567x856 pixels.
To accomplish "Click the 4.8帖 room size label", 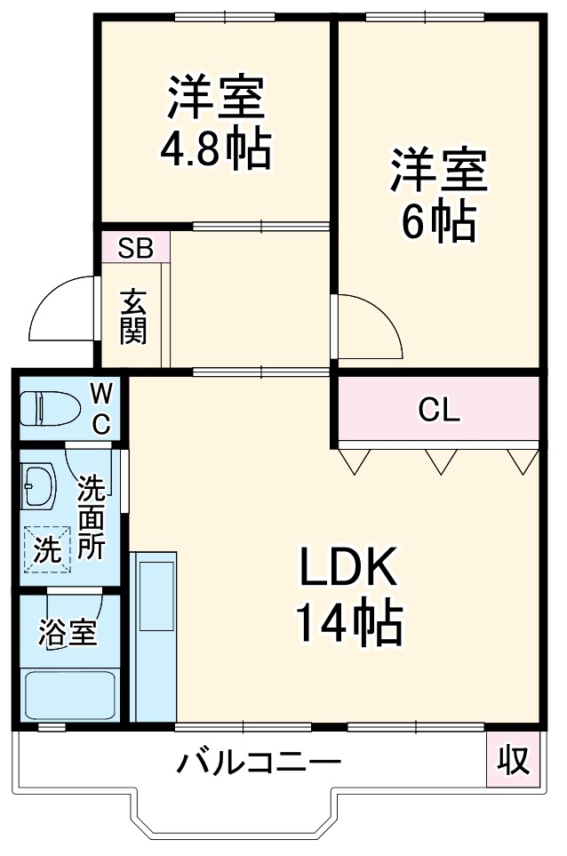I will pos(214,150).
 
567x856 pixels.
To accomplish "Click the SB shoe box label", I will pos(136,248).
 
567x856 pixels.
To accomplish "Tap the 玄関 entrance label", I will pos(134,317).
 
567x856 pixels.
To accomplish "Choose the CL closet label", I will pos(439,411).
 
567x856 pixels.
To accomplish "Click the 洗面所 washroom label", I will pos(90,517).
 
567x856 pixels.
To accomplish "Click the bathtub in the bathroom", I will pos(70,694).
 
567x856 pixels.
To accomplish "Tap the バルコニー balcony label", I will pos(258,763).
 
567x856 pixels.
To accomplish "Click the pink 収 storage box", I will pos(512,760).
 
